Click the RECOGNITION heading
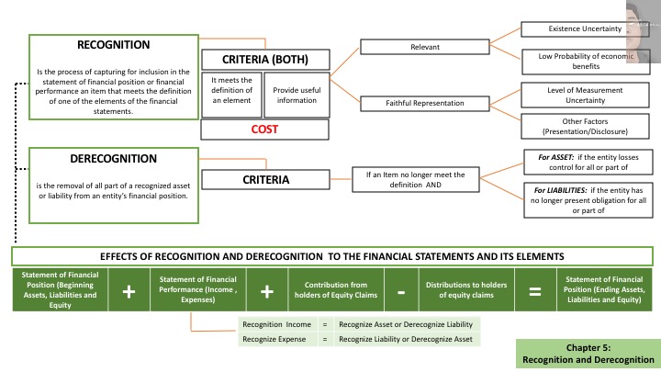[115, 44]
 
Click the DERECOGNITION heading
[116, 157]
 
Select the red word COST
[264, 130]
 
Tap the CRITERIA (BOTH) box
[264, 61]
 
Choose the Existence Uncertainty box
[584, 29]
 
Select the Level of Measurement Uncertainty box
[584, 94]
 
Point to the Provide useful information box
[296, 95]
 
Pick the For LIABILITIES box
[585, 199]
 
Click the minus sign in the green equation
[401, 291]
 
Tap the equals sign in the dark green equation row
[533, 291]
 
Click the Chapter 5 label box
[588, 354]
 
